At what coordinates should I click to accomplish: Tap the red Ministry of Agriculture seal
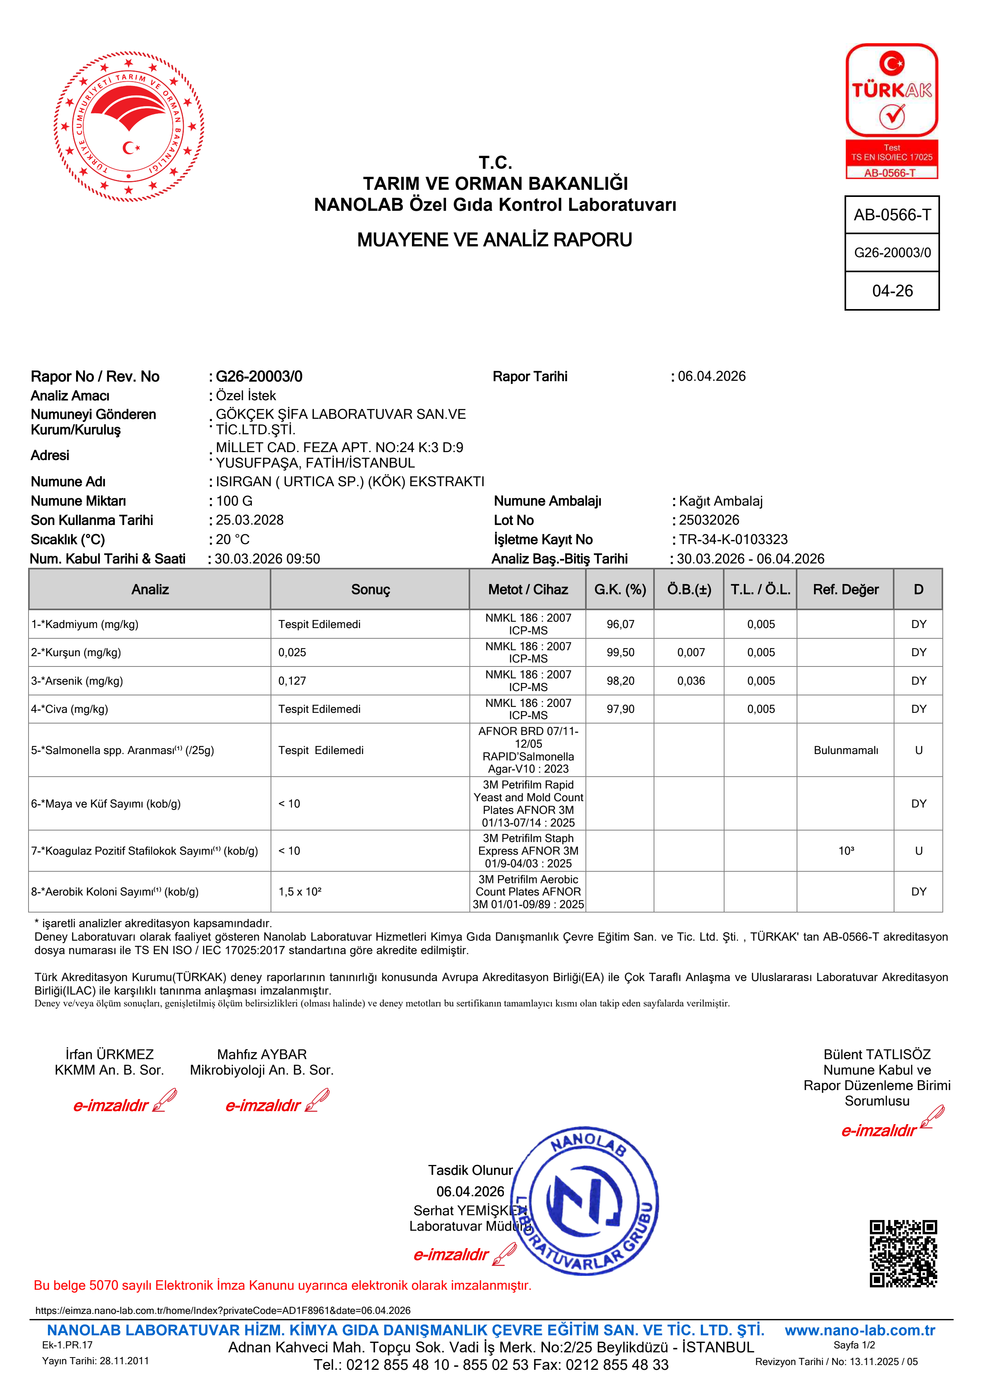129,126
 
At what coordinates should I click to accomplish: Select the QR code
903,1253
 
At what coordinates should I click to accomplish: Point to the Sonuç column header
370,590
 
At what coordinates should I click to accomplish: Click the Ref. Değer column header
845,590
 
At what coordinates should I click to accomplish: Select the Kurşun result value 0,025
292,653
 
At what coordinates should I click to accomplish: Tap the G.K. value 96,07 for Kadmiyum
620,624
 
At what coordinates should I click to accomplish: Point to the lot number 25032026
709,520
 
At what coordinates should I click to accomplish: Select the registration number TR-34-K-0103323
733,539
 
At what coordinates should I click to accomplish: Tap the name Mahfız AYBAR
262,1055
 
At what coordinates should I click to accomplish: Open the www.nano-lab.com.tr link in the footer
859,1331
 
